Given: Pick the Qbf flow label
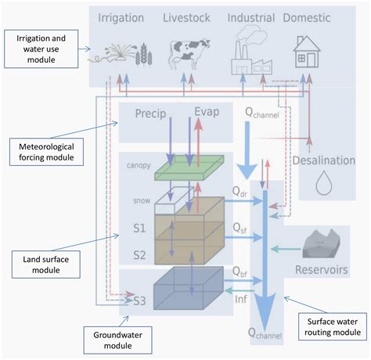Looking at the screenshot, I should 243,275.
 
